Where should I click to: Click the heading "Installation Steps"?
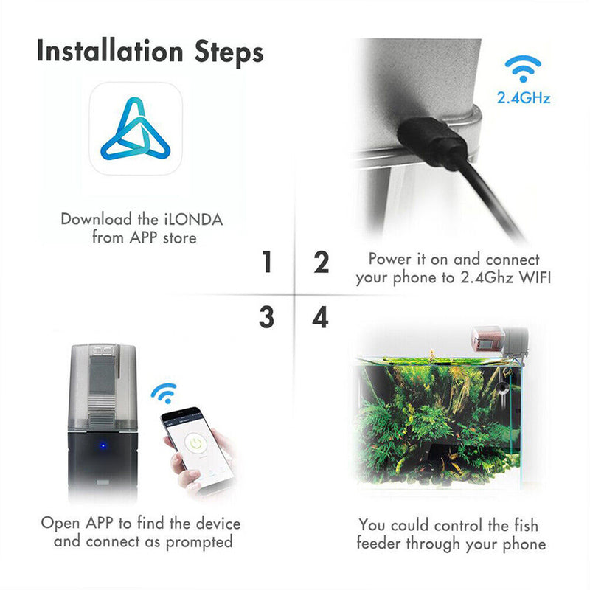pyautogui.click(x=150, y=52)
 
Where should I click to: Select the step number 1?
pyautogui.click(x=266, y=263)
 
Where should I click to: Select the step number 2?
pyautogui.click(x=321, y=263)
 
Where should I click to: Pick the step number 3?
pyautogui.click(x=266, y=318)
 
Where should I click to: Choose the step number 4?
pyautogui.click(x=321, y=318)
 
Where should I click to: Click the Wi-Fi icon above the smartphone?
pyautogui.click(x=164, y=392)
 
